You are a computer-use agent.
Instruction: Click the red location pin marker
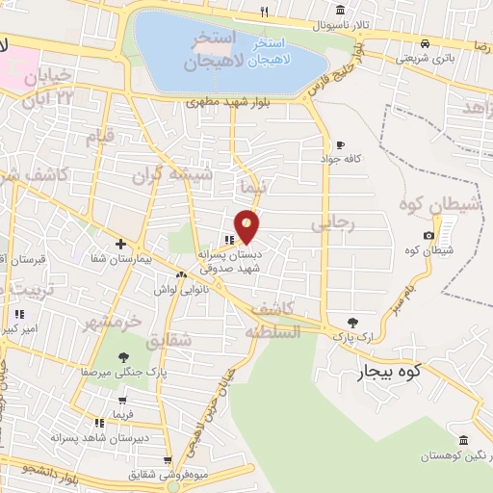(x=247, y=225)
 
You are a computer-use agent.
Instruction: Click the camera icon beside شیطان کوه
(x=428, y=236)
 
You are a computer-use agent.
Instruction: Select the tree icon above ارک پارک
(x=355, y=322)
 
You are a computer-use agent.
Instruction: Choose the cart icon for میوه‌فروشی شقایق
(x=168, y=459)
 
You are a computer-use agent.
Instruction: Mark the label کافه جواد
(x=343, y=158)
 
